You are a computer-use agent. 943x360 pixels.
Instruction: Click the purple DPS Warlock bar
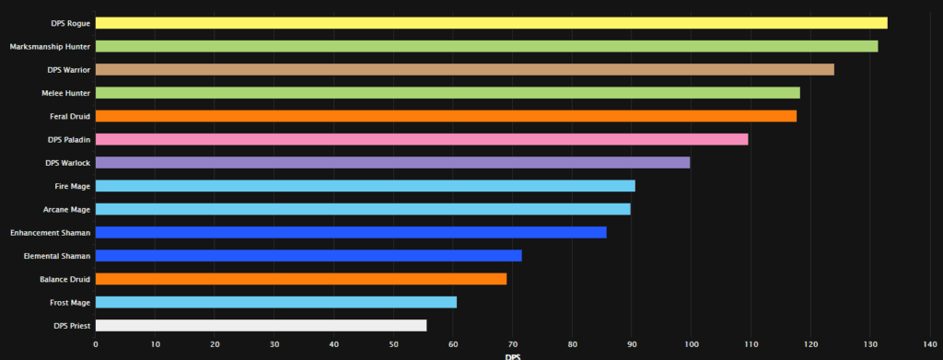point(392,162)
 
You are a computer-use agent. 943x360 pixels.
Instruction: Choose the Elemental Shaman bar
point(309,255)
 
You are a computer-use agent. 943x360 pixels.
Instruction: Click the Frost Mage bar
point(275,302)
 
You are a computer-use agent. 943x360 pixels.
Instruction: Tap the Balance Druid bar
point(300,279)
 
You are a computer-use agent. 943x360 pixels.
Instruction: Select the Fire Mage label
point(72,186)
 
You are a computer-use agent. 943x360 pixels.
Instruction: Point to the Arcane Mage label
point(66,209)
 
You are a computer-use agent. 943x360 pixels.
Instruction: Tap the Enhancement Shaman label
point(51,232)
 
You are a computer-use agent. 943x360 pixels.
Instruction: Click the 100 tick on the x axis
point(691,345)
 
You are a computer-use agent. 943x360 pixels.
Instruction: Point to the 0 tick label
point(96,345)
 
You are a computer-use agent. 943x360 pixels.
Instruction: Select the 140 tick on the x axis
point(928,345)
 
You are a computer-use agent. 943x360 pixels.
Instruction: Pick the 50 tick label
point(393,345)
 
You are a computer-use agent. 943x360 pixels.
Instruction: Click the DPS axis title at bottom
point(512,356)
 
